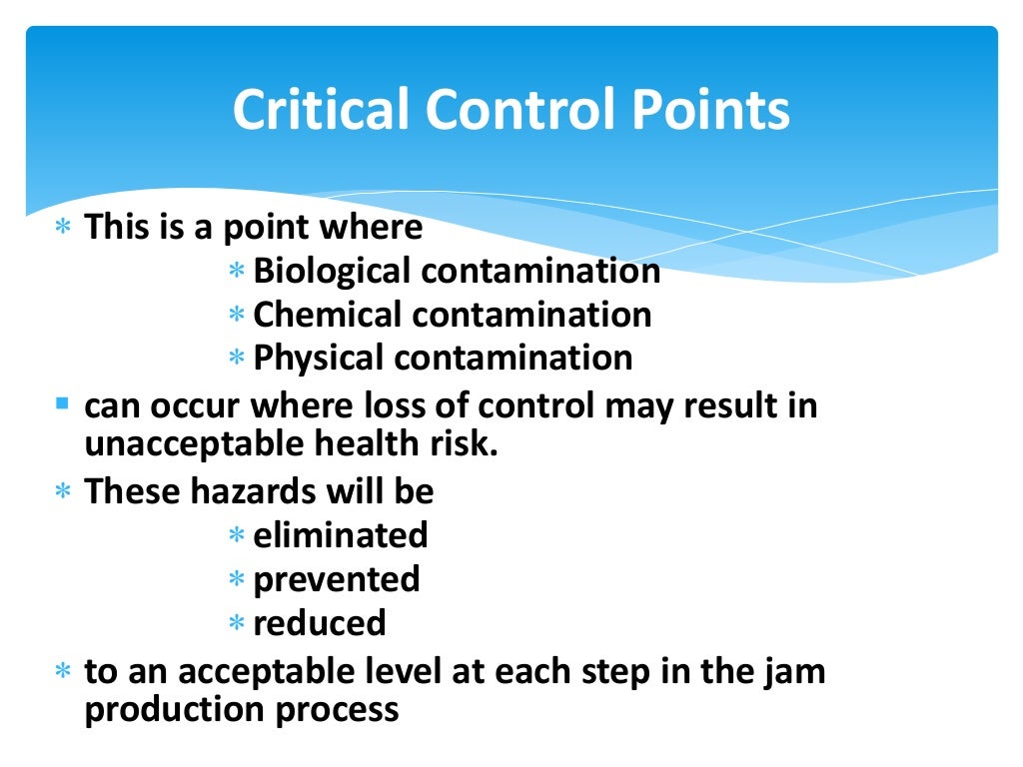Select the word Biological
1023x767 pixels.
[332, 271]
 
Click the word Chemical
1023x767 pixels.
[330, 315]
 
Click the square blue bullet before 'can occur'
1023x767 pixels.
[63, 405]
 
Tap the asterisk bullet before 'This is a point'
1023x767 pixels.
[63, 229]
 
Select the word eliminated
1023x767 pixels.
[340, 535]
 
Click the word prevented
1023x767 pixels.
[337, 579]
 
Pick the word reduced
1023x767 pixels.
[320, 623]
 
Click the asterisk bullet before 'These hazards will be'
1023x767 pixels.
[63, 492]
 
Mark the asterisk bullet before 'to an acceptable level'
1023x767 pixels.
[63, 671]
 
